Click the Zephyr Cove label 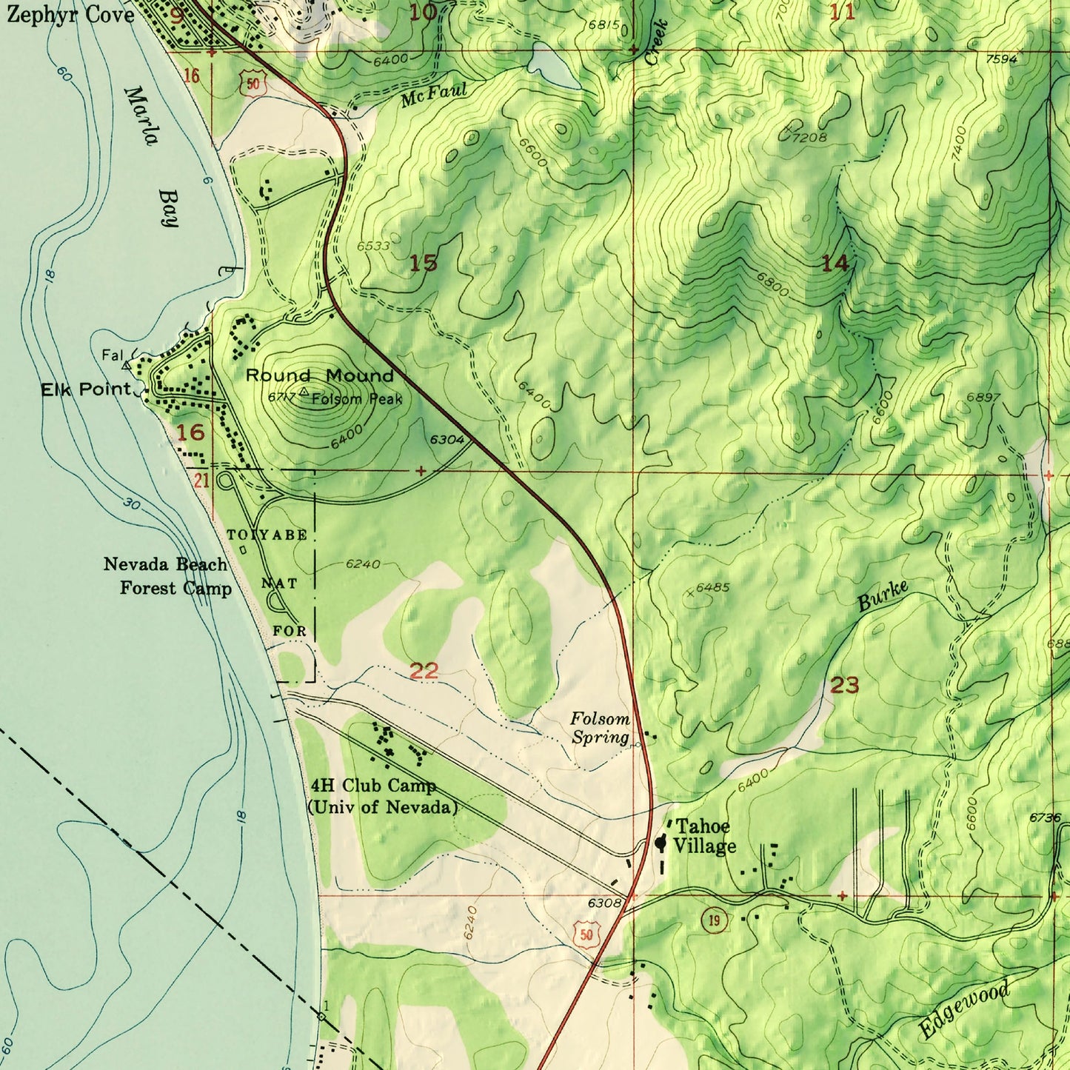tap(70, 15)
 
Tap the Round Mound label tap(319, 375)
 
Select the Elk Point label tap(86, 389)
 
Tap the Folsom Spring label tap(600, 728)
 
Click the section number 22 tap(424, 671)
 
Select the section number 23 tap(844, 685)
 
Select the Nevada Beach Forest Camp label tap(167, 576)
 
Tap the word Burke tap(883, 596)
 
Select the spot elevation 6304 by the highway tap(447, 440)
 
